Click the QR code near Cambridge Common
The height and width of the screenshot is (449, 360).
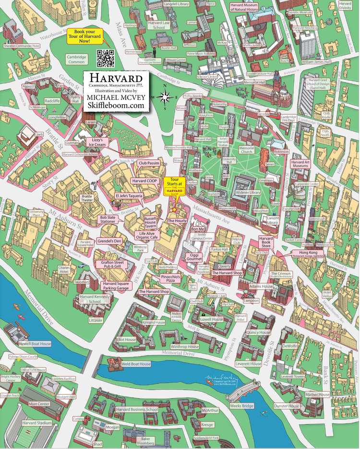[106, 58]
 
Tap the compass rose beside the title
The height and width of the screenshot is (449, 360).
[165, 97]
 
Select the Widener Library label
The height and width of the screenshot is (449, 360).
[248, 193]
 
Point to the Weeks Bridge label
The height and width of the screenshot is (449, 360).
[241, 406]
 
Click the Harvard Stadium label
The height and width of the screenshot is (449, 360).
[37, 423]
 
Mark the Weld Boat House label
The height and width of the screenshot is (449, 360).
[136, 364]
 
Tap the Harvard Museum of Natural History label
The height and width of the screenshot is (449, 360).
[251, 7]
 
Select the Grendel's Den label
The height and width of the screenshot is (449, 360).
[109, 241]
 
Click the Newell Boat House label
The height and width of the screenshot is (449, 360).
[35, 344]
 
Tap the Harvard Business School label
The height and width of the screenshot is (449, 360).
[137, 409]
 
